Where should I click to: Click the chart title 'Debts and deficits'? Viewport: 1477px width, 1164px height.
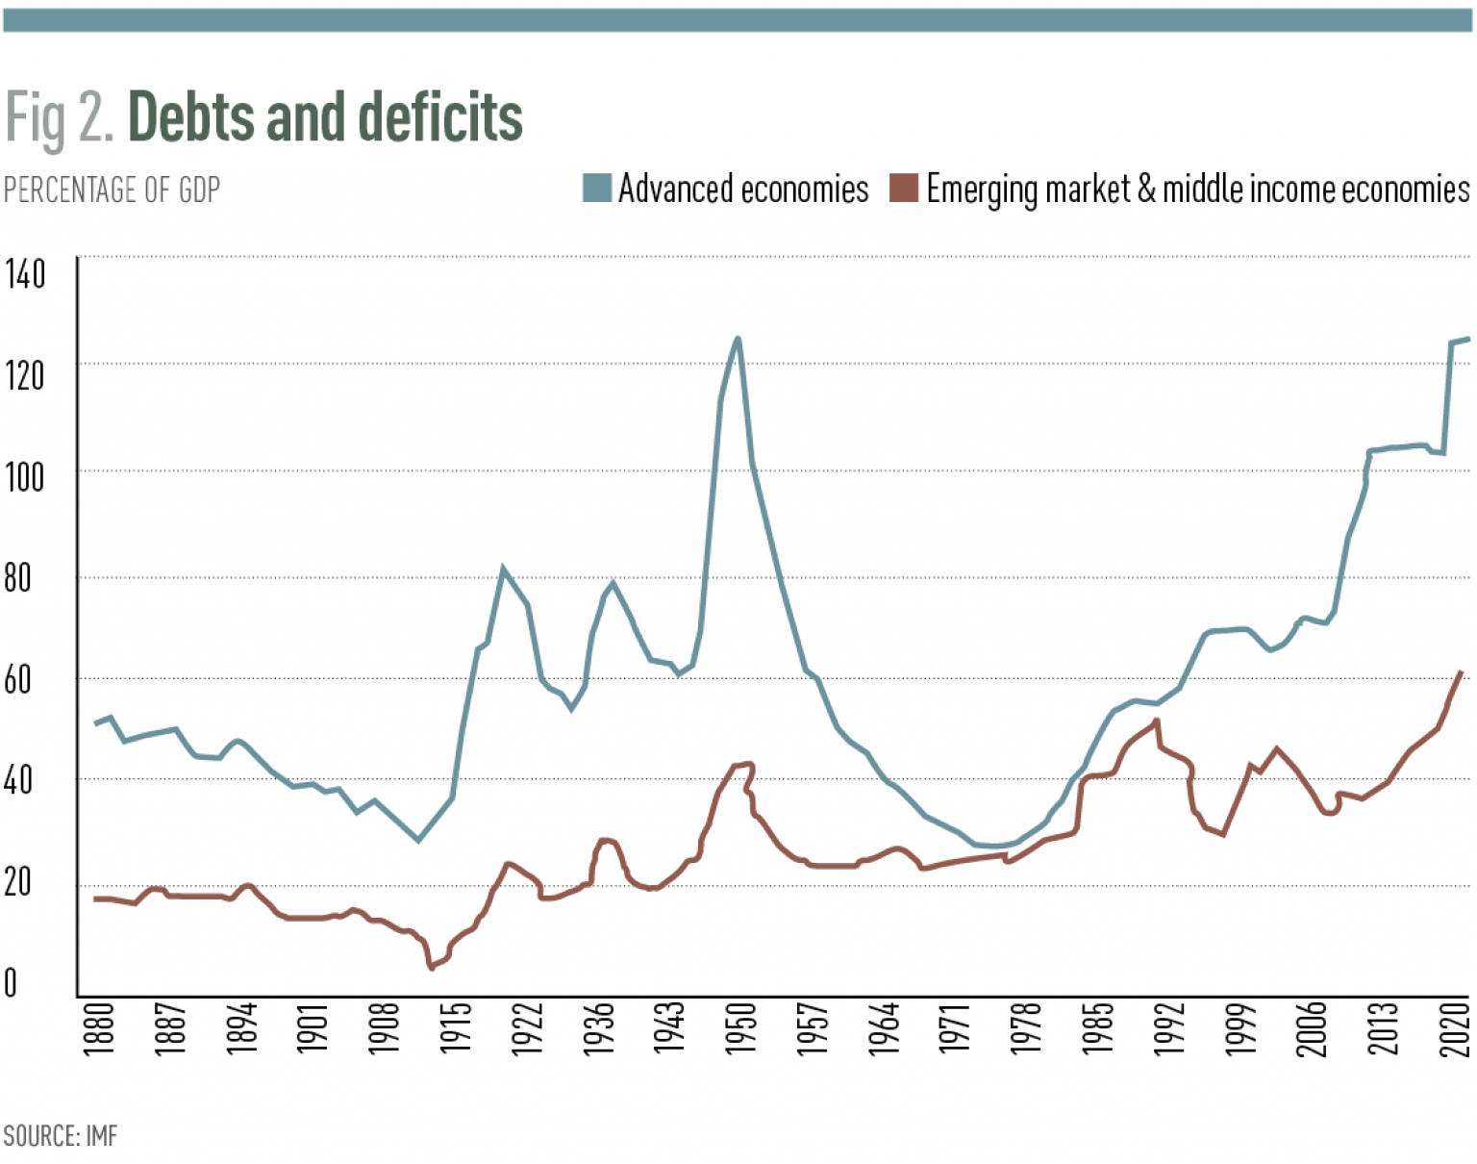coord(325,117)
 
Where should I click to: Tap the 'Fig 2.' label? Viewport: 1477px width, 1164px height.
coord(60,118)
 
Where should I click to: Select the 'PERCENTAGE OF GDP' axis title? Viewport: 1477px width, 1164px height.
coord(113,190)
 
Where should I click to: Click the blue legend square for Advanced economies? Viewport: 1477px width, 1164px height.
coord(597,188)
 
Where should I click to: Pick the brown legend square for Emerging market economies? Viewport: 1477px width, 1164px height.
coord(904,188)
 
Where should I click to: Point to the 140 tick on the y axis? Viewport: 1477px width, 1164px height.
coord(25,274)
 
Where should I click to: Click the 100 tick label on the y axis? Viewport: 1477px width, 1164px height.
coord(25,476)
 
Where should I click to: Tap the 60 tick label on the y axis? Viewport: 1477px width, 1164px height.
coord(18,679)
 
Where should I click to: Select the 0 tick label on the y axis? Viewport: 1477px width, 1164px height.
coord(11,983)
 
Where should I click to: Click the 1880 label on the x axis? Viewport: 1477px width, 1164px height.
coord(99,1029)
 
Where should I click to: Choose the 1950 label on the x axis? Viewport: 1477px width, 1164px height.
coord(740,1029)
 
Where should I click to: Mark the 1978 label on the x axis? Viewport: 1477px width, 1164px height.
coord(1026,1029)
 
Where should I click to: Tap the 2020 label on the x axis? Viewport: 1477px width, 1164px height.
coord(1454,1029)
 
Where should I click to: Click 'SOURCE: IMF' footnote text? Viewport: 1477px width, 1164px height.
coord(61,1136)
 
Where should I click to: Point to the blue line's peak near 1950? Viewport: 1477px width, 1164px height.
coord(738,339)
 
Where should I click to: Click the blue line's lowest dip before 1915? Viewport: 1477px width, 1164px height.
coord(418,840)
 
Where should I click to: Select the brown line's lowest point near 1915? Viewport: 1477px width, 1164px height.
coord(432,967)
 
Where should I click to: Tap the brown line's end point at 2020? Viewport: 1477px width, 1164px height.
coord(1462,672)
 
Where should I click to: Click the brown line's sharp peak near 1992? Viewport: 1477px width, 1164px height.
coord(1157,721)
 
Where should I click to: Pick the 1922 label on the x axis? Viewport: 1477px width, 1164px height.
coord(527,1029)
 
